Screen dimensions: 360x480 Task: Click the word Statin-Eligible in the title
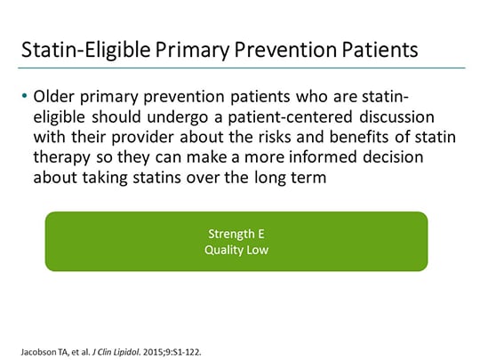83,51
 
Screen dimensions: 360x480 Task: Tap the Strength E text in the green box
236,233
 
